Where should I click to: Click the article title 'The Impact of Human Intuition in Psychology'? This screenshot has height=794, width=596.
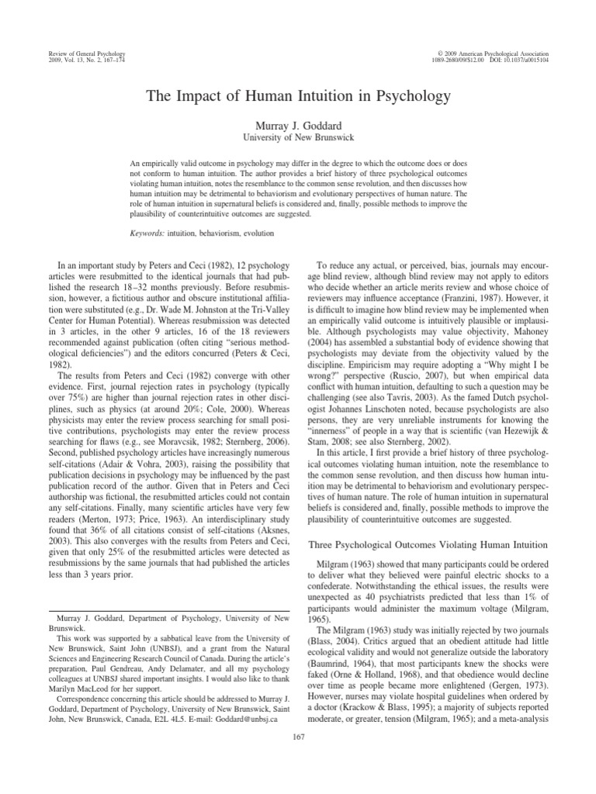pyautogui.click(x=298, y=98)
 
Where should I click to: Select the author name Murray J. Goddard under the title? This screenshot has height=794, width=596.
pyautogui.click(x=298, y=125)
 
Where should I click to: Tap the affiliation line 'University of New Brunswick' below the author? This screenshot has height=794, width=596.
pyautogui.click(x=298, y=137)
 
